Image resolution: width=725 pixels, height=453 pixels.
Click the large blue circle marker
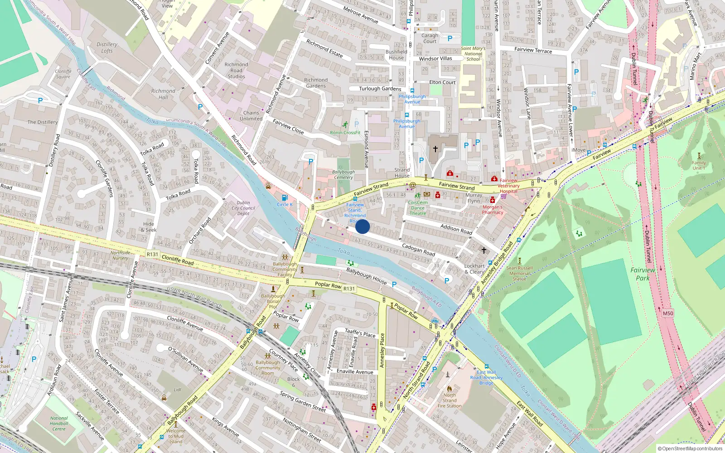tap(362, 226)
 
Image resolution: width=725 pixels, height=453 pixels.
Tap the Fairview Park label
tap(643, 274)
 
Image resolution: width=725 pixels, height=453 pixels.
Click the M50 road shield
tap(668, 313)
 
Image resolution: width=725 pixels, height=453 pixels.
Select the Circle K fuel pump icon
tap(285, 198)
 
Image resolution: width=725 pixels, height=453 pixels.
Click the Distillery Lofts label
tap(107, 48)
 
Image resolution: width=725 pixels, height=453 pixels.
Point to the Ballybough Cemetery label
tap(343, 174)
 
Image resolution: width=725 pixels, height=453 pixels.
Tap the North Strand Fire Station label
tap(449, 400)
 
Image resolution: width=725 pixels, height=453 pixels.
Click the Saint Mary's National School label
tap(473, 54)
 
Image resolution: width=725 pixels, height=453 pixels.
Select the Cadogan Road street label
tap(418, 249)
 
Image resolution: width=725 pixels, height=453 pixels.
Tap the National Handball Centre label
tap(59, 424)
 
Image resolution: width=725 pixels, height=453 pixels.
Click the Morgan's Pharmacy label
tap(493, 209)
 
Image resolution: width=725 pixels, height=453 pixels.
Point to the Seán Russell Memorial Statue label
tap(519, 273)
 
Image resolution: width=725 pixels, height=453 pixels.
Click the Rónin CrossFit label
tap(345, 133)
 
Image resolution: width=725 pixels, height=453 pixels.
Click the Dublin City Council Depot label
tap(243, 208)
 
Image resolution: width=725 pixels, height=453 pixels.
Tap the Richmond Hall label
tap(163, 94)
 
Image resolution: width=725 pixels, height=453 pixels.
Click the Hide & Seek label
tap(149, 227)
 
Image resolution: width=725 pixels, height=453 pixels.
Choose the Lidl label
tap(178, 390)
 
